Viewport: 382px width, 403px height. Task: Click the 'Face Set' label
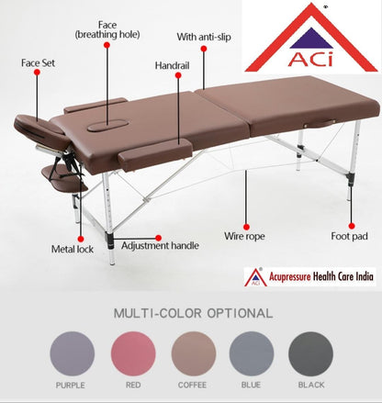pyautogui.click(x=37, y=63)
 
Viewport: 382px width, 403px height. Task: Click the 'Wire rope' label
pyautogui.click(x=245, y=236)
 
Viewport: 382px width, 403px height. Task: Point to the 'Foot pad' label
pyautogui.click(x=349, y=236)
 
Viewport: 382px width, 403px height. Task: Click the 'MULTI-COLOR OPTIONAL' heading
pyautogui.click(x=191, y=313)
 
